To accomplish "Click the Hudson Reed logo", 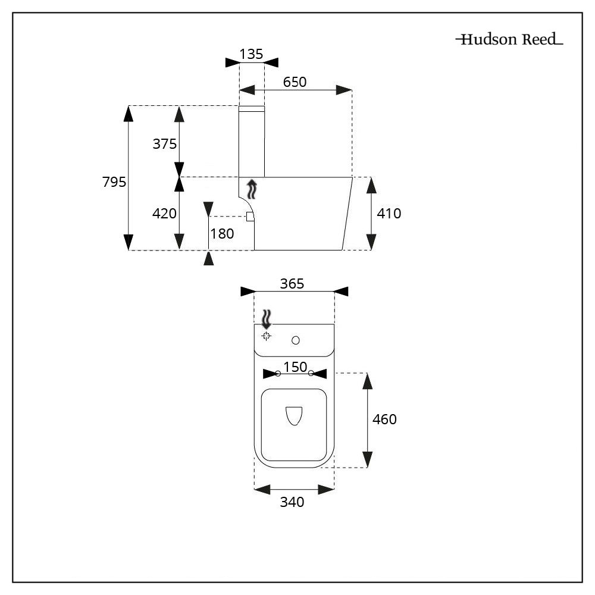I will pyautogui.click(x=509, y=40).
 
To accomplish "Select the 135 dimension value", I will pyautogui.click(x=251, y=54).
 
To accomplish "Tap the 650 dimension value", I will pyautogui.click(x=295, y=82).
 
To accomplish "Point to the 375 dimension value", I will pyautogui.click(x=165, y=143).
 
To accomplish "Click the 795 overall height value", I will pyautogui.click(x=114, y=182).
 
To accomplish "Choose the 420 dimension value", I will pyautogui.click(x=165, y=213).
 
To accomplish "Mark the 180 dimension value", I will pyautogui.click(x=222, y=234).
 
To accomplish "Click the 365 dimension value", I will pyautogui.click(x=293, y=284).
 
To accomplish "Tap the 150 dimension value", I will pyautogui.click(x=295, y=367).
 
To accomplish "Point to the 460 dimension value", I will pyautogui.click(x=384, y=419).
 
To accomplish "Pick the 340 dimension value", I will pyautogui.click(x=292, y=502).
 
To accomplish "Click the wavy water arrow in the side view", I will pyautogui.click(x=253, y=189).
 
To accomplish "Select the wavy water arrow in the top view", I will pyautogui.click(x=267, y=320).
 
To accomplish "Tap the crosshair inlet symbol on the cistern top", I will pyautogui.click(x=267, y=336).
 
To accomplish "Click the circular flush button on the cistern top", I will pyautogui.click(x=296, y=340).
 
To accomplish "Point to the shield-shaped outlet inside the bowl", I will pyautogui.click(x=294, y=416).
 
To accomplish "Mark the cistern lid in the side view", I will pyautogui.click(x=252, y=109).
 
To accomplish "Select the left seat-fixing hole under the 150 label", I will pyautogui.click(x=278, y=373).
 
